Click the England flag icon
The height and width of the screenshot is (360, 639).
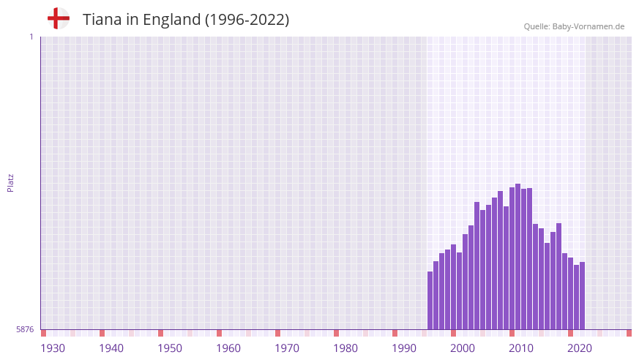point(58,19)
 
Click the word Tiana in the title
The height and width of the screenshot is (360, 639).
point(100,20)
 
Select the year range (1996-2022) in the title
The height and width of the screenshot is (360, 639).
point(247,20)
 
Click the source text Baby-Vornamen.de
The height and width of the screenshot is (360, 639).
point(589,26)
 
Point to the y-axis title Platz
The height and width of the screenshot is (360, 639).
point(10,182)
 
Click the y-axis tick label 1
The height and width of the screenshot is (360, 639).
point(31,37)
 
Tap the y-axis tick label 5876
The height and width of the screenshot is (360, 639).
point(24,330)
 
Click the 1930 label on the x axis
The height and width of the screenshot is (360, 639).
point(53,348)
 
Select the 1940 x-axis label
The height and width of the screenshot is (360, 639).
point(111,348)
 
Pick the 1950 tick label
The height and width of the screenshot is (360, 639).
point(170,348)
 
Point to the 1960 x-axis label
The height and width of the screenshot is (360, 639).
point(228,348)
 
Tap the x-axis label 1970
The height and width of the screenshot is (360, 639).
point(287,348)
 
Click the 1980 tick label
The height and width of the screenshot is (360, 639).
point(345,348)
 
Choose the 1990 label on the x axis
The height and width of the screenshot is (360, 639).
point(404,348)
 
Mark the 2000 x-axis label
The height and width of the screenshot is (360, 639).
point(463,348)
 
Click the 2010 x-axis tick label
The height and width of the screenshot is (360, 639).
point(521,348)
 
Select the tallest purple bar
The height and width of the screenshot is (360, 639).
point(517,256)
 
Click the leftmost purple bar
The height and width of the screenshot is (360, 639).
point(430,300)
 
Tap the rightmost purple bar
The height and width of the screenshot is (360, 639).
point(582,296)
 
